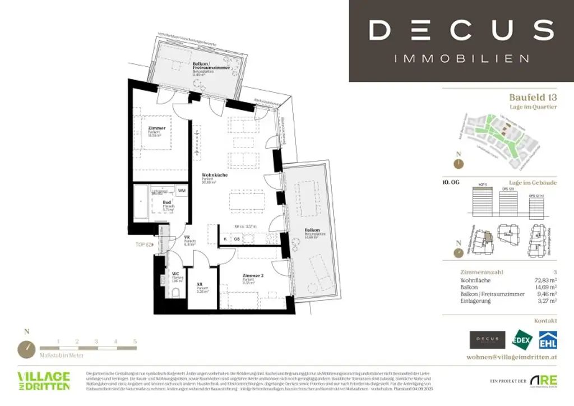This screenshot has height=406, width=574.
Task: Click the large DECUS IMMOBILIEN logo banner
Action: click(461, 40)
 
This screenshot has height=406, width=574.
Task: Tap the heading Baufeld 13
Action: click(533, 98)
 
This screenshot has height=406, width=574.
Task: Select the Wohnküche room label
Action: click(214, 175)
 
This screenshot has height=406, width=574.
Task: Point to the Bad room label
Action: click(167, 203)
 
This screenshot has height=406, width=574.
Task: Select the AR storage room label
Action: click(200, 284)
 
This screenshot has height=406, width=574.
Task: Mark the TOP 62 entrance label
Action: click(143, 244)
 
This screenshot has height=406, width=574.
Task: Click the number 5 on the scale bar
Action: click(135, 341)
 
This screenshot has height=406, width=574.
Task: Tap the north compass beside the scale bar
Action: click(26, 348)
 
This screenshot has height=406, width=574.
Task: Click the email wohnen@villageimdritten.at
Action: click(511, 357)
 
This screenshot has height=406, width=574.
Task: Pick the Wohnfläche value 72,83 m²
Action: click(545, 279)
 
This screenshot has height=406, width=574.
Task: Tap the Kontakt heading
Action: click(545, 321)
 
